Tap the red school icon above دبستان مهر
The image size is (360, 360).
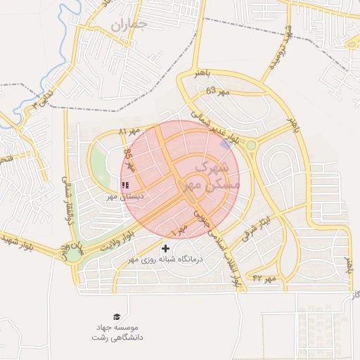tap(125, 186)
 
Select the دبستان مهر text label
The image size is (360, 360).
tap(125, 197)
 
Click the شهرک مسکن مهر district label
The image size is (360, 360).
tap(212, 176)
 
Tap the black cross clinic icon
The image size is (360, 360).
tap(166, 248)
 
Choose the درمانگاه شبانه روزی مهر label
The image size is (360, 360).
tap(166, 259)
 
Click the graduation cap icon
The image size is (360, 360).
tap(116, 317)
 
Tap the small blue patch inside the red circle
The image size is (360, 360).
tap(224, 143)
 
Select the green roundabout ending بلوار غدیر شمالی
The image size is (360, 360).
tap(251, 146)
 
